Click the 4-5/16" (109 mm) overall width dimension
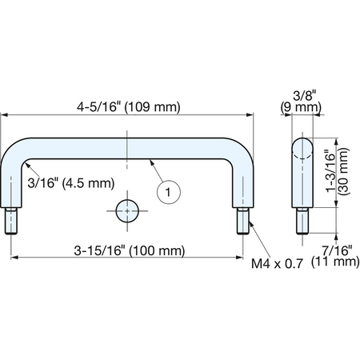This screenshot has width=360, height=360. point(129,107)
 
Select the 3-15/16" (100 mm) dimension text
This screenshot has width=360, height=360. point(130,250)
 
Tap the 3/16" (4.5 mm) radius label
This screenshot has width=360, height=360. point(71,183)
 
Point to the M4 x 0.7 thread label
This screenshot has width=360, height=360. point(277,264)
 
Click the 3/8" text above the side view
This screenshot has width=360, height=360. point(305,96)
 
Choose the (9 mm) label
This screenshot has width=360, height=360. point(301,107)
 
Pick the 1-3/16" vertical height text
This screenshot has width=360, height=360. point(330,172)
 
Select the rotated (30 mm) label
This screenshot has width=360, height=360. point(343,171)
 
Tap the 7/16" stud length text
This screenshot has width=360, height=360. point(337,250)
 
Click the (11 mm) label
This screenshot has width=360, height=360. point(335,262)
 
